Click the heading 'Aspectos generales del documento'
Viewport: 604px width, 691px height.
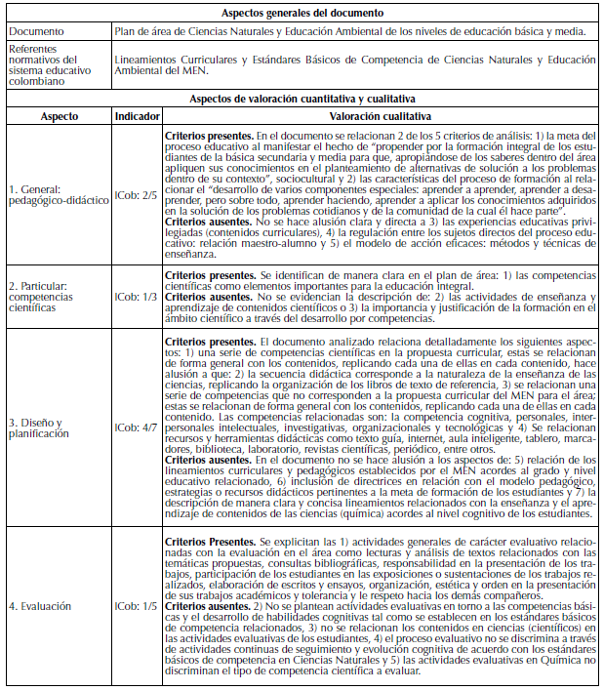pos(301,13)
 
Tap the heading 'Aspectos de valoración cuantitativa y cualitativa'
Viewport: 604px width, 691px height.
pos(301,99)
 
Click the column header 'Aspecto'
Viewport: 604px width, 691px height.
pos(55,115)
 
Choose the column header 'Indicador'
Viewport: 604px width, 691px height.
pos(138,115)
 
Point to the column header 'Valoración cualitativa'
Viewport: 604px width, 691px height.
pos(381,115)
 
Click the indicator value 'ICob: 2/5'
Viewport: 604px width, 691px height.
pos(137,194)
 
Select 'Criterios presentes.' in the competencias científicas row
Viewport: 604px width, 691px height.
pos(209,277)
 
